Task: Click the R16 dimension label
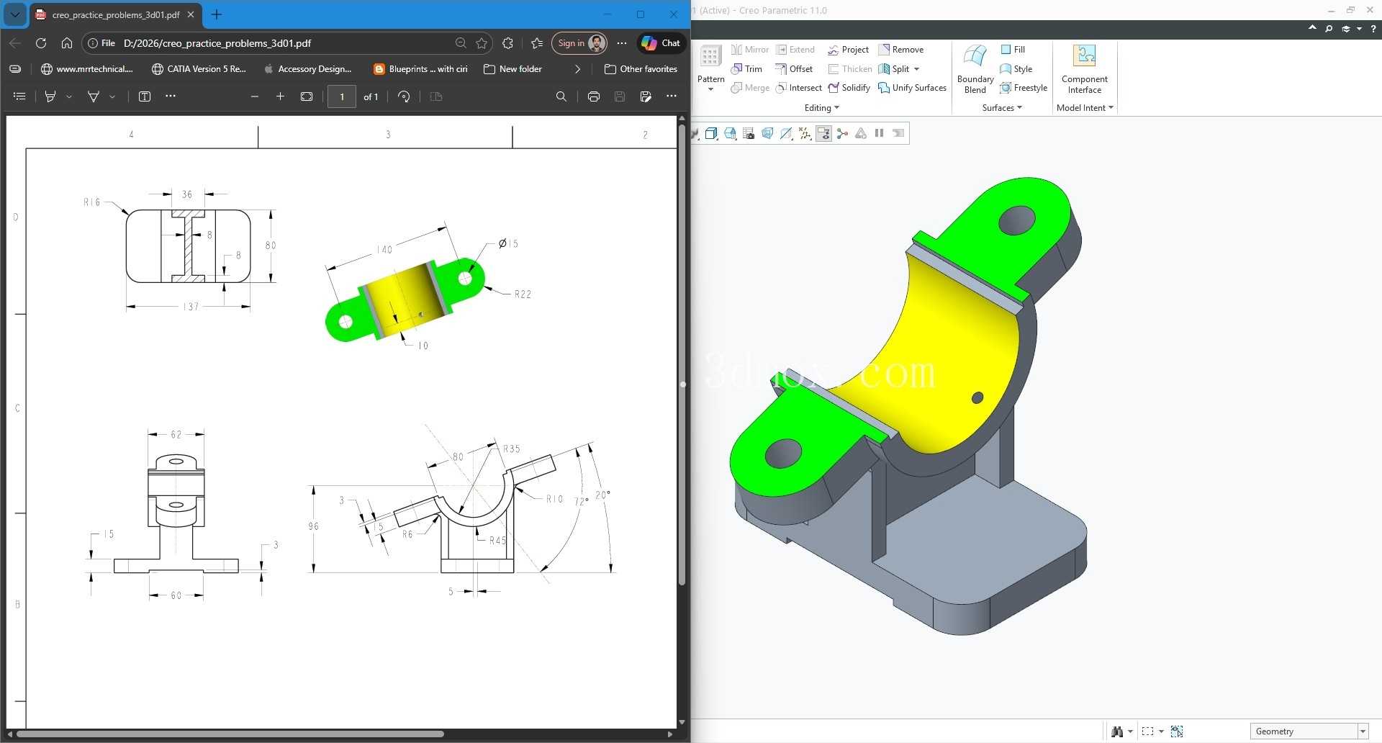point(92,202)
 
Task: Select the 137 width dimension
point(191,307)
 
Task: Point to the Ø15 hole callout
point(508,243)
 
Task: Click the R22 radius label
point(523,294)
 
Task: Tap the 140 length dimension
point(384,250)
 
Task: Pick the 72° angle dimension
point(582,501)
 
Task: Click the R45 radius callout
point(497,540)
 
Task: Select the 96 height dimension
point(313,526)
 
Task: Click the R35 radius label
point(511,449)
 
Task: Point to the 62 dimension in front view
point(176,434)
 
